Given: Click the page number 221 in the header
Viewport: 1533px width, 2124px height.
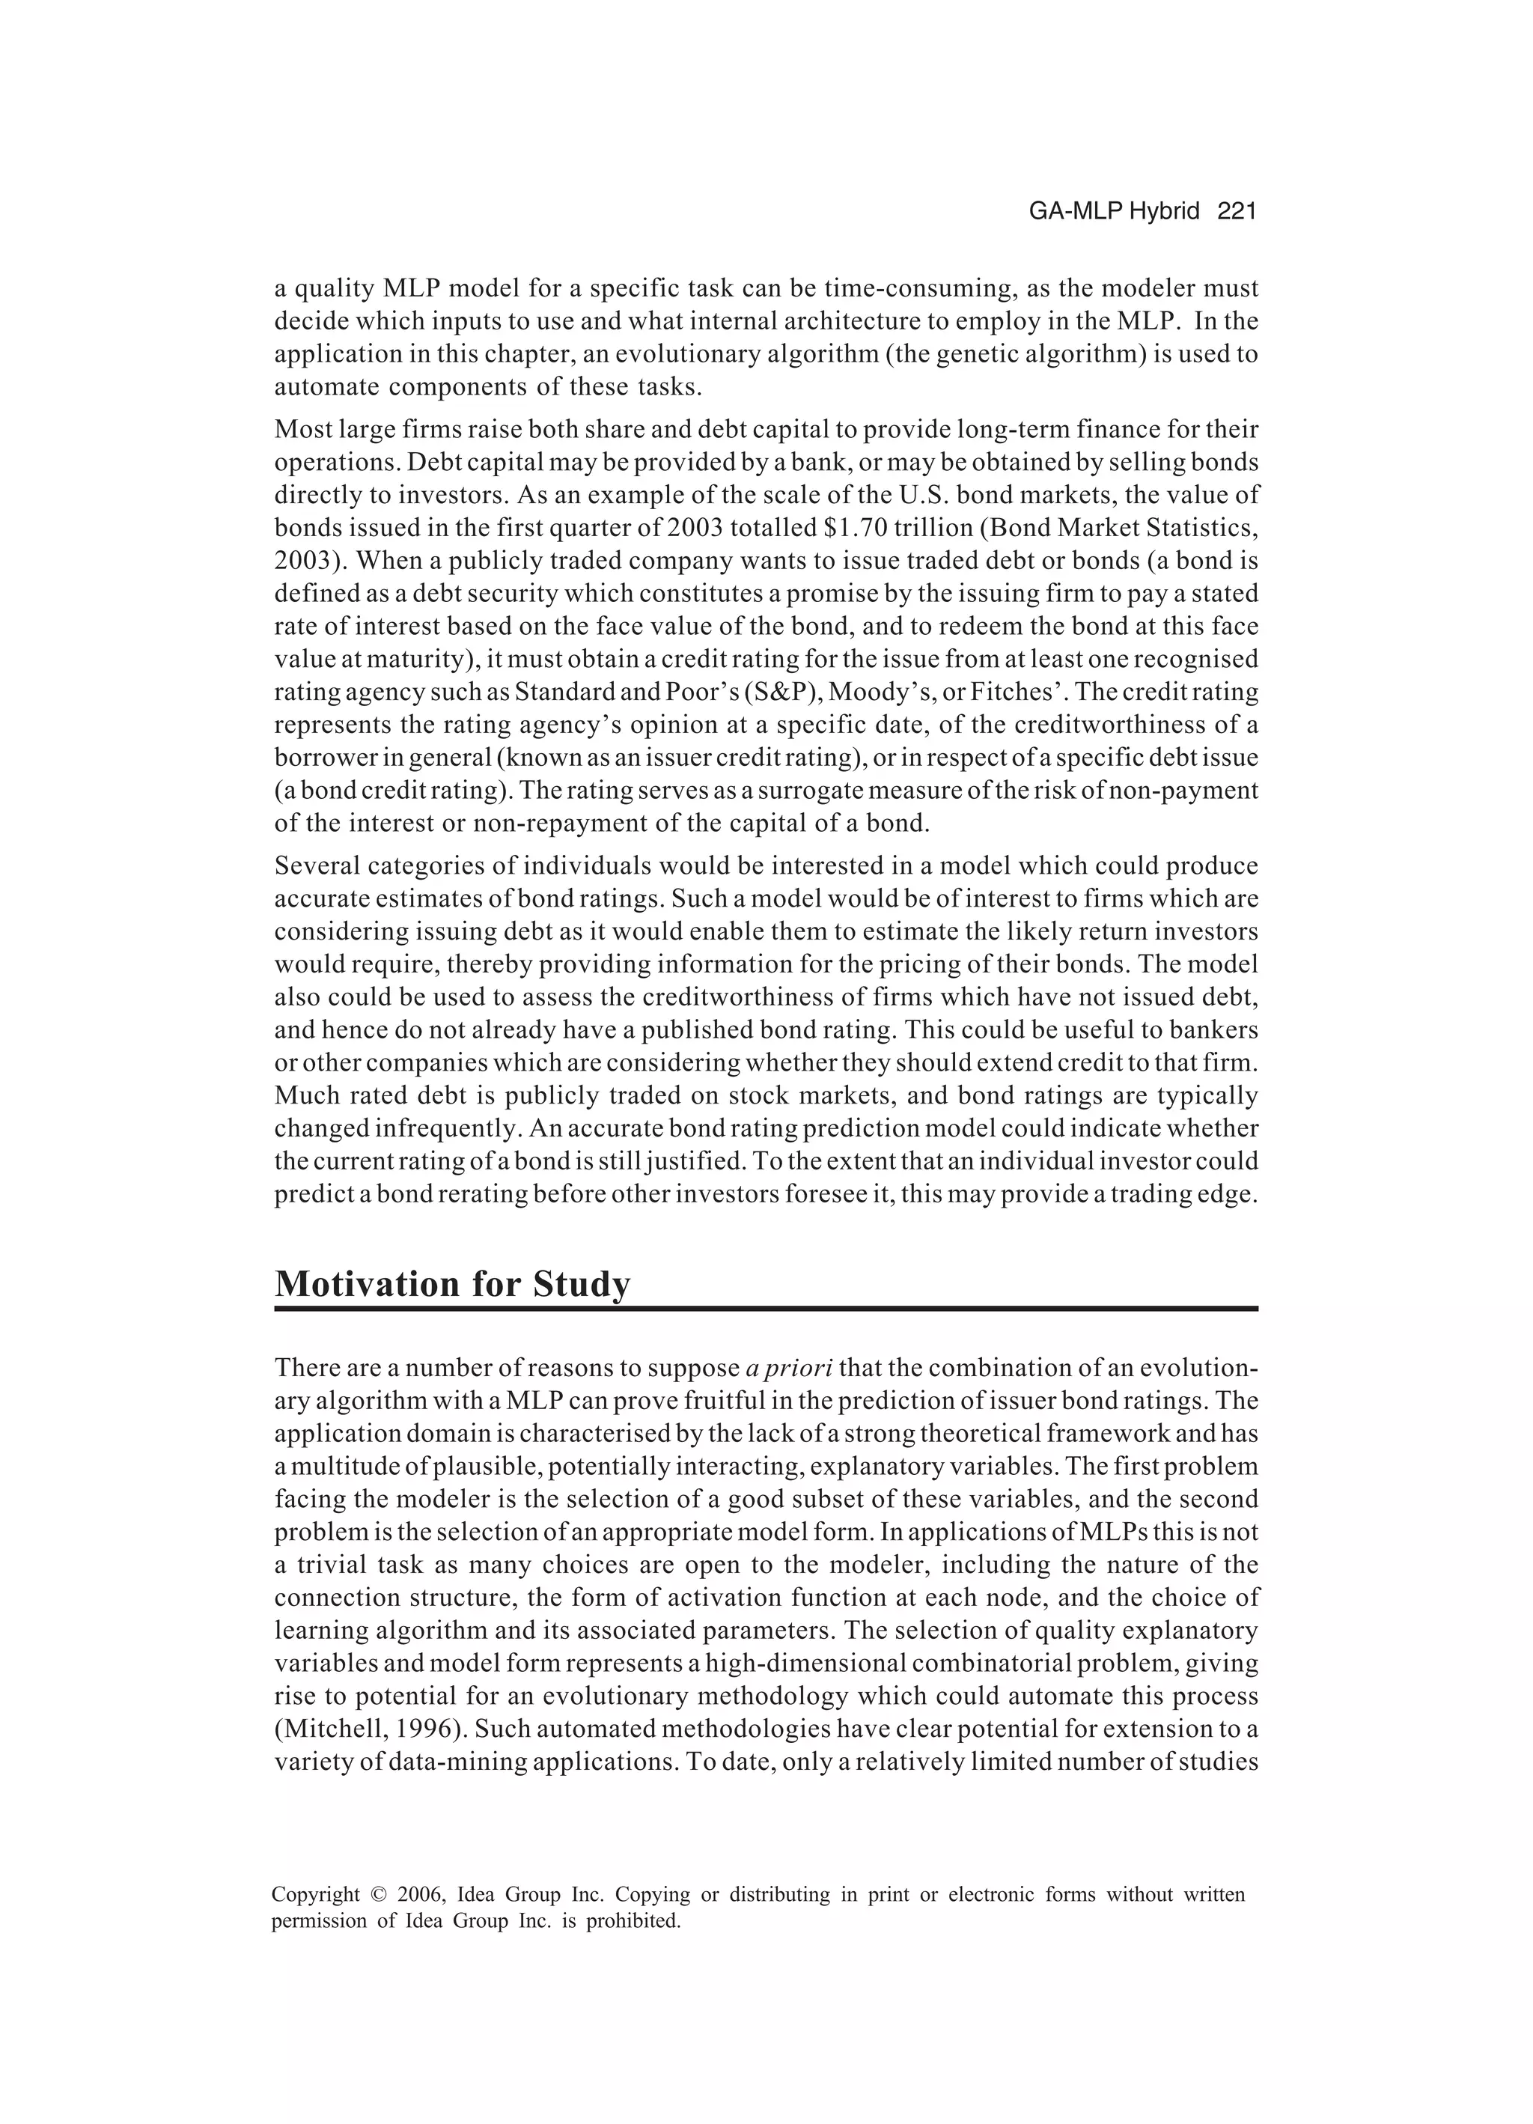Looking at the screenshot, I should (x=1235, y=212).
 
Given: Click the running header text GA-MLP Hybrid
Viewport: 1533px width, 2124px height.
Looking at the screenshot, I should (x=1114, y=212).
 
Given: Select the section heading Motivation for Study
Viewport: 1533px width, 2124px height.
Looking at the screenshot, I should (x=452, y=1284).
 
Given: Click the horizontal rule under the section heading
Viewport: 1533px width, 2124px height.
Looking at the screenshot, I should (x=766, y=1308).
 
